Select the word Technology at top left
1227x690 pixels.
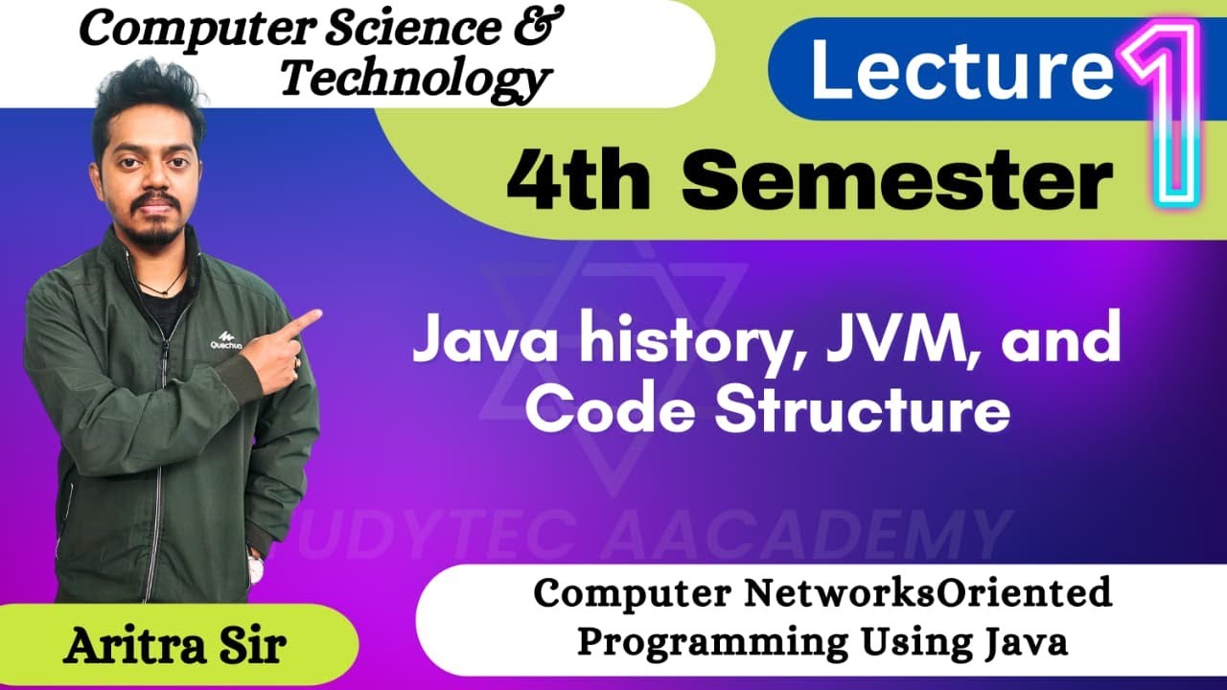coord(414,78)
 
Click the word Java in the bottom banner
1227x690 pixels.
coord(1027,641)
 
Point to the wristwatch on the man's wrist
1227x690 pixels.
coord(256,567)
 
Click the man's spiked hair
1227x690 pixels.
coord(149,91)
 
